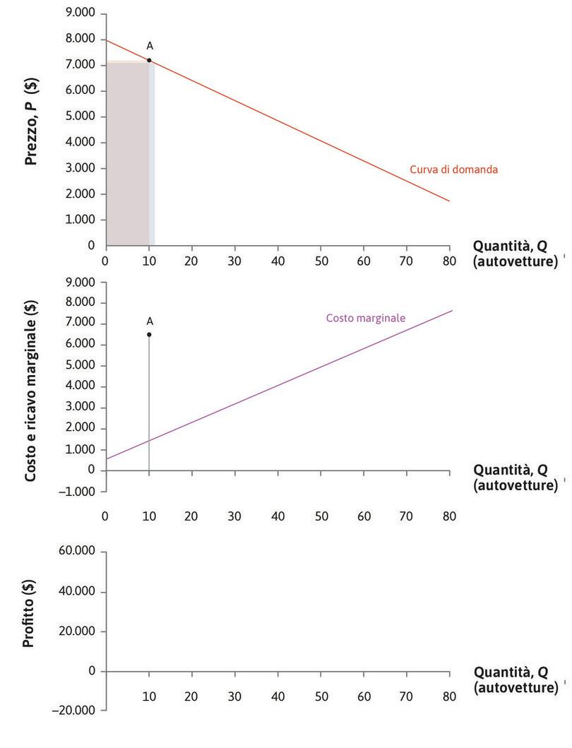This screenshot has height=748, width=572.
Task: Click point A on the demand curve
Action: click(149, 60)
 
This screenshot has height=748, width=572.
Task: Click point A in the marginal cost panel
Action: click(149, 334)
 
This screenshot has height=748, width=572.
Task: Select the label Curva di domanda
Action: click(453, 170)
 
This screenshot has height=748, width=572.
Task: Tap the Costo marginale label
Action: click(365, 318)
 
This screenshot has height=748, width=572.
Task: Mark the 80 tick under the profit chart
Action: click(450, 696)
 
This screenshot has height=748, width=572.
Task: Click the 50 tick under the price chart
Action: click(321, 260)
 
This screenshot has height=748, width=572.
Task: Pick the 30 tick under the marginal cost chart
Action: click(234, 516)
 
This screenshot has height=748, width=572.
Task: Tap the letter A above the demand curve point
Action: click(150, 46)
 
